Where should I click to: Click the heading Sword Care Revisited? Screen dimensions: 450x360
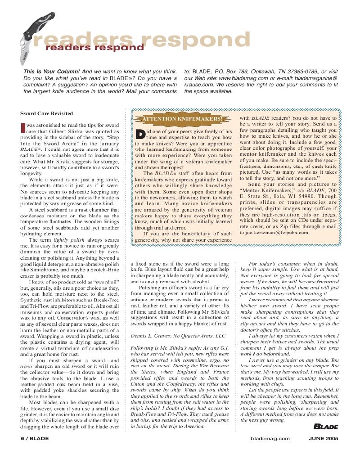tap(46, 113)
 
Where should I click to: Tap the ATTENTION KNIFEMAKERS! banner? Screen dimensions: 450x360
tap(182, 119)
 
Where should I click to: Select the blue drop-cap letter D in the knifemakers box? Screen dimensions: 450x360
tap(140, 134)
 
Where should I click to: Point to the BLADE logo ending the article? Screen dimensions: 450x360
tap(323, 426)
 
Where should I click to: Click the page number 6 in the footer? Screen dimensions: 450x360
tap(22, 438)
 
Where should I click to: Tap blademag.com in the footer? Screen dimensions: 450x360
tap(270, 438)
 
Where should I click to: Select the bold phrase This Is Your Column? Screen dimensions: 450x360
tap(52, 71)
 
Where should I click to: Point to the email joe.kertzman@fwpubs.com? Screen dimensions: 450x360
tap(274, 233)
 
